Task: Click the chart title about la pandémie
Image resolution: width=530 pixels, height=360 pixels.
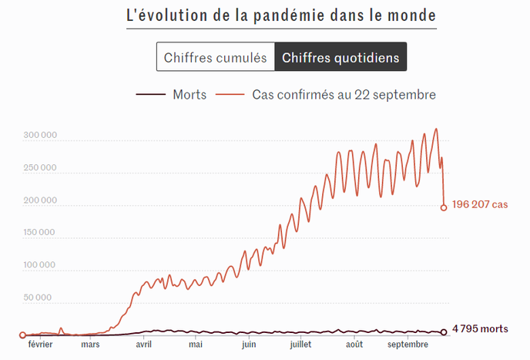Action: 280,15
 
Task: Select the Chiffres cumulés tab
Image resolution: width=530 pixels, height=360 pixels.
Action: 215,57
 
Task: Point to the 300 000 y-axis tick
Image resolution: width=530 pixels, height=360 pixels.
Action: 39,136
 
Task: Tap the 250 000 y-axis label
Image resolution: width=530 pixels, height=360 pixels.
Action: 39,168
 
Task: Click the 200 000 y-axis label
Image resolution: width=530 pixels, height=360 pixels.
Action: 39,200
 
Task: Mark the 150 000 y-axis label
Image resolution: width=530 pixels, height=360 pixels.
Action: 39,233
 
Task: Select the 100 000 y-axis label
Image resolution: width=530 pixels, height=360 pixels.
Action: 39,265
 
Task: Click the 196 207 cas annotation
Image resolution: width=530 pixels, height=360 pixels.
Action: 480,206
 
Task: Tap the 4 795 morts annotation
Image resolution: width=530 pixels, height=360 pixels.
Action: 480,329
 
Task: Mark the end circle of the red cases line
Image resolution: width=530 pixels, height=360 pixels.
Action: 444,207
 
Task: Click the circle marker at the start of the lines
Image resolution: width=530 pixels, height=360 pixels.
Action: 22,335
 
